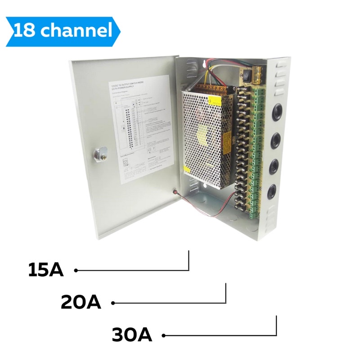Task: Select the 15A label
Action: point(46,270)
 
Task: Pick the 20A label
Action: point(81,302)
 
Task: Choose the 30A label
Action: point(132,335)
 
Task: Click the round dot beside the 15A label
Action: point(76,270)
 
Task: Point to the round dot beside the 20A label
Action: point(113,303)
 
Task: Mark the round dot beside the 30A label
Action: point(164,335)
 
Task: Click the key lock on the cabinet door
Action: point(99,155)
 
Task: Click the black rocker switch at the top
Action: point(246,73)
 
